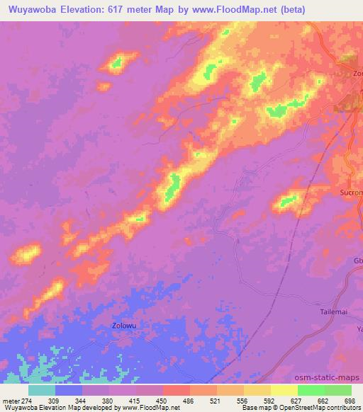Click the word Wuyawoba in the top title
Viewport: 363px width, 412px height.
click(x=32, y=9)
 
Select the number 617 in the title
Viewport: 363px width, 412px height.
click(x=129, y=9)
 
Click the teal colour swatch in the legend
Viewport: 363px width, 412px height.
click(x=41, y=390)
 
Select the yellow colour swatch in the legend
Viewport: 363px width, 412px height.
click(x=283, y=390)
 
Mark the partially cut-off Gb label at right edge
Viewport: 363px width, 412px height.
click(x=357, y=261)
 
